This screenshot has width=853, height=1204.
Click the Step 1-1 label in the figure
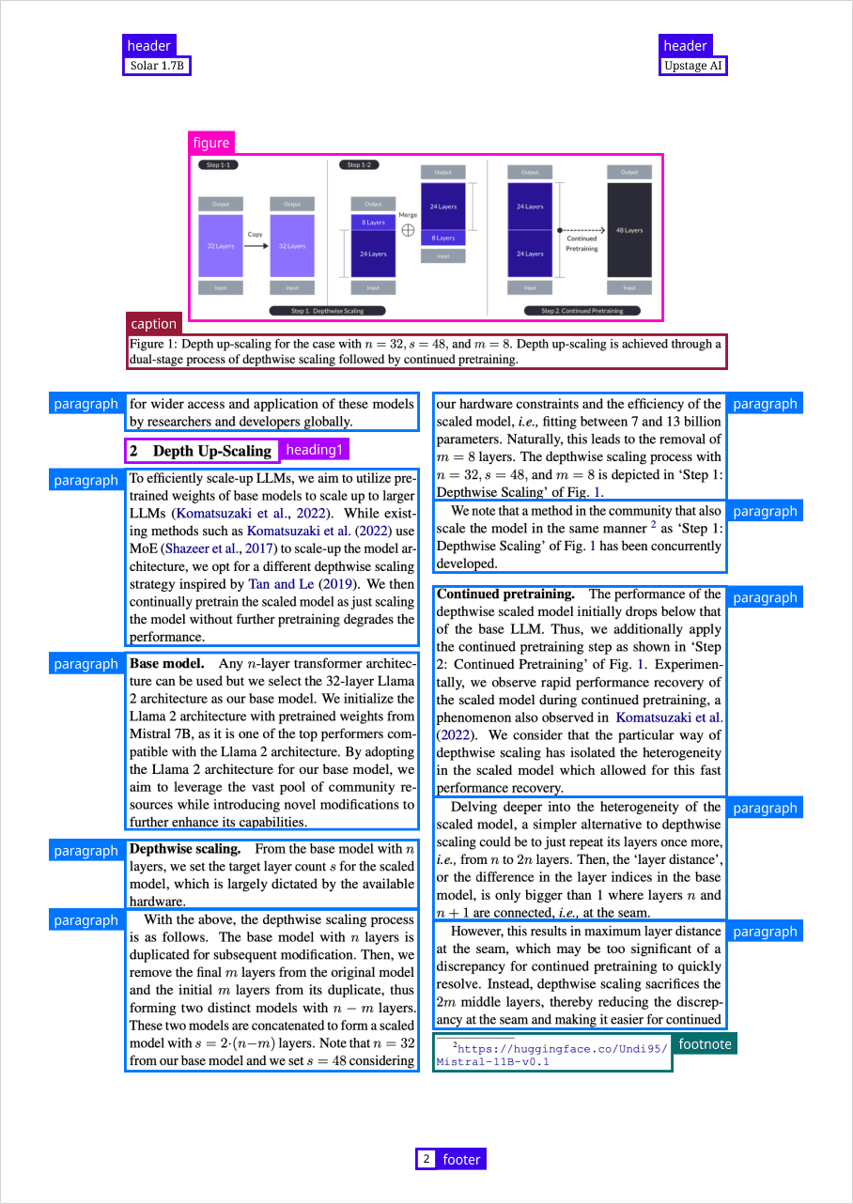tap(218, 165)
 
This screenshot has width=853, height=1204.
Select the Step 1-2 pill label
tap(359, 165)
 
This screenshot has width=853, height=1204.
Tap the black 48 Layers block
tap(628, 230)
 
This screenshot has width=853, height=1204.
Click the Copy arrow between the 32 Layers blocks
tap(256, 245)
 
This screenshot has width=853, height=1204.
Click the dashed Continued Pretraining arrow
tap(582, 229)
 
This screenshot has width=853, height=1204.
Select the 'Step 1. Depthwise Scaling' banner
tap(327, 311)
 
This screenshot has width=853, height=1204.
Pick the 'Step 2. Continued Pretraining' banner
tap(582, 311)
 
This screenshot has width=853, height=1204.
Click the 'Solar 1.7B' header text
tap(158, 66)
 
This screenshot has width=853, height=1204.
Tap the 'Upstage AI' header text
tap(693, 66)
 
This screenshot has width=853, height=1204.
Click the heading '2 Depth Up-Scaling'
tap(202, 451)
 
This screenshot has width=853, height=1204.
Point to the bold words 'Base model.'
tap(166, 664)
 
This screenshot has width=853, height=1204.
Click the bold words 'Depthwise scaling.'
tap(185, 849)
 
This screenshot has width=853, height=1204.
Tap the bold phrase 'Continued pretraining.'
tap(505, 594)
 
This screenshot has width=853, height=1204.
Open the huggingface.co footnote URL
tap(551, 1055)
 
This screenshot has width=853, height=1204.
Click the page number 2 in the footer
tap(426, 1159)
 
